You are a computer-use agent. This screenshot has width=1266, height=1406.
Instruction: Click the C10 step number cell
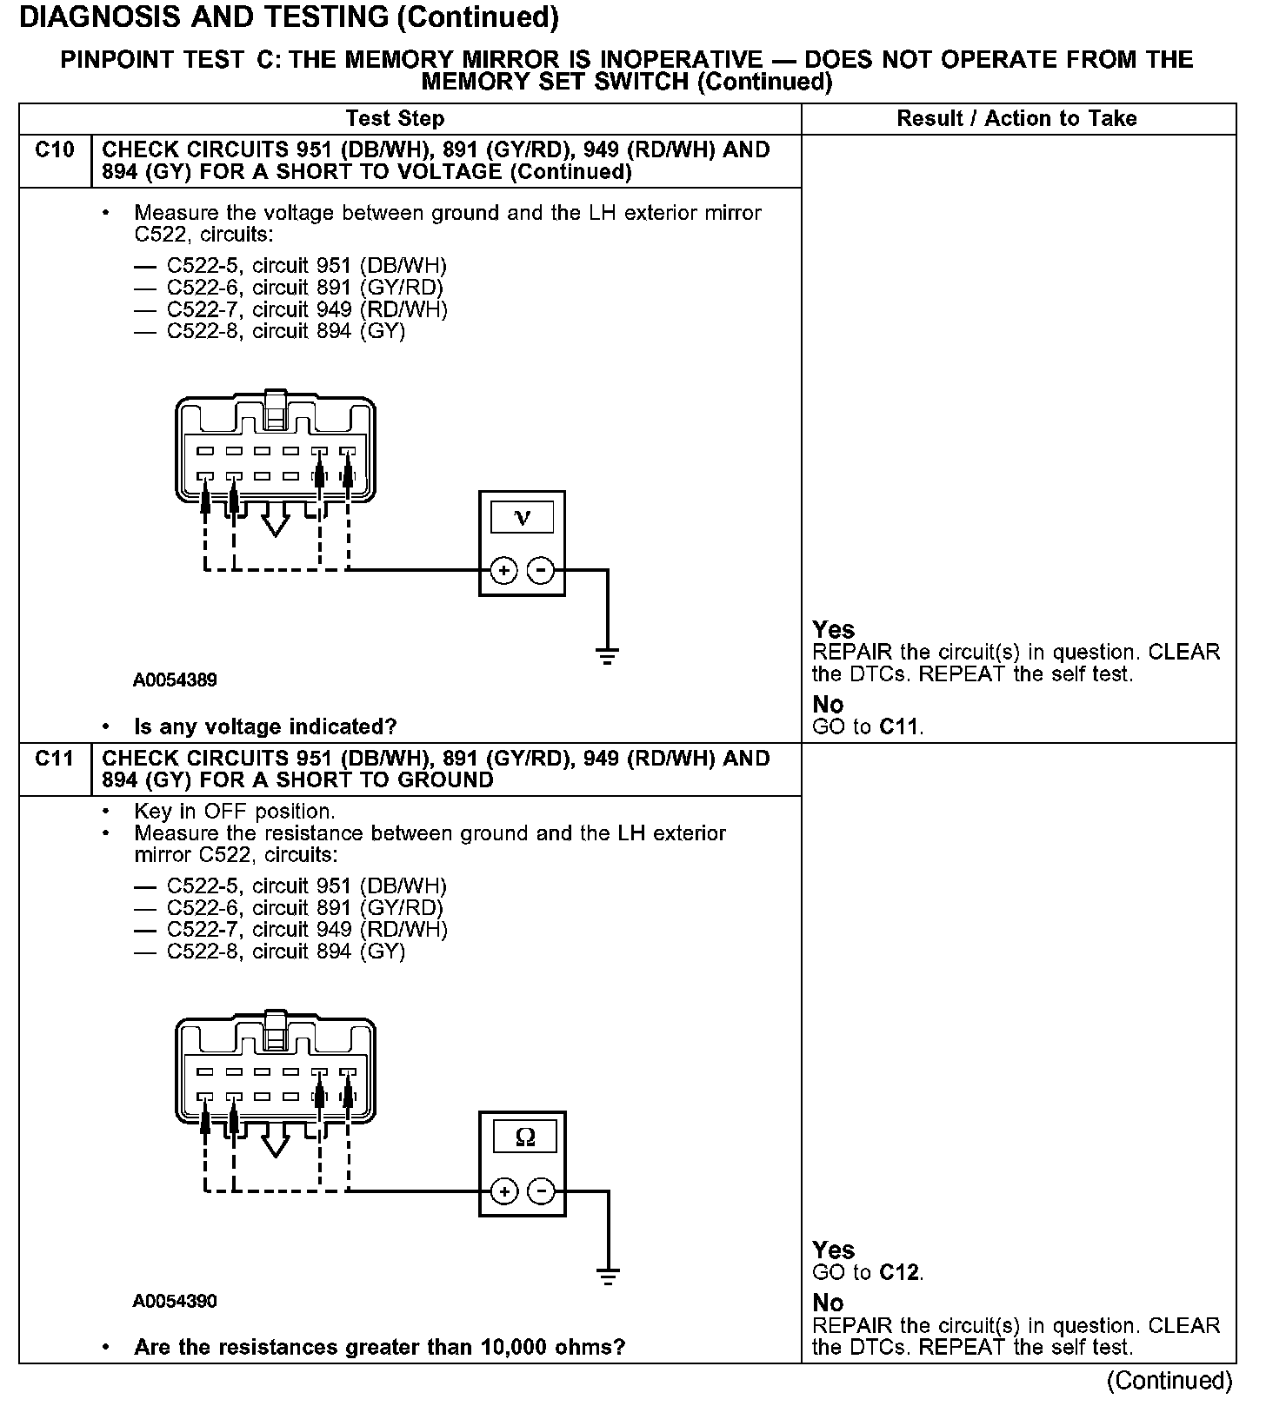(x=55, y=151)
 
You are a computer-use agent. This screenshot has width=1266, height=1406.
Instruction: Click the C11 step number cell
(x=55, y=759)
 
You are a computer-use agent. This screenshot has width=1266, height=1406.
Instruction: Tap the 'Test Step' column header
(x=395, y=118)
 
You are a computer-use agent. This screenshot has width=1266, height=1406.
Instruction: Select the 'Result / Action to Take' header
(x=1016, y=118)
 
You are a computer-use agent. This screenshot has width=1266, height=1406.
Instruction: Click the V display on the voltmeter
(x=522, y=518)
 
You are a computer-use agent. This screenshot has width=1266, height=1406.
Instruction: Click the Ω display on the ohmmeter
(x=524, y=1137)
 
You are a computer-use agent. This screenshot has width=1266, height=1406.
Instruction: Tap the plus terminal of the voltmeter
(x=503, y=570)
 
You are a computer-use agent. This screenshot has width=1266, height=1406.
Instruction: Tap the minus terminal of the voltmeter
(x=541, y=570)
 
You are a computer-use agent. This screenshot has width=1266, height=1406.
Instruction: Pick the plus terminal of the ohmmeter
(x=504, y=1190)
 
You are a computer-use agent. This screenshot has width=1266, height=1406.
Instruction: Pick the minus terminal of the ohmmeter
(x=541, y=1190)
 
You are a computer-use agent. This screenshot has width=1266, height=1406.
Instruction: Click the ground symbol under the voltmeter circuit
(x=608, y=656)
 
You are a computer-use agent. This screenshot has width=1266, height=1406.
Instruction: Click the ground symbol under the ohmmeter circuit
(x=608, y=1276)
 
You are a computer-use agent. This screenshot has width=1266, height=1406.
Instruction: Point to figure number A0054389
(x=175, y=680)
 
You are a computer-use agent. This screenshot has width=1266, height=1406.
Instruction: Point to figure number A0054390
(x=175, y=1301)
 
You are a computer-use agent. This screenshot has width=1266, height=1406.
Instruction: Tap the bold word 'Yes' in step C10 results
(x=833, y=629)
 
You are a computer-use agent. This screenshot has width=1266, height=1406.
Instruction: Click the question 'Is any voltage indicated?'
(x=265, y=726)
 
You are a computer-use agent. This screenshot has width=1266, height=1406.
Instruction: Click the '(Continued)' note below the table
(x=1169, y=1381)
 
